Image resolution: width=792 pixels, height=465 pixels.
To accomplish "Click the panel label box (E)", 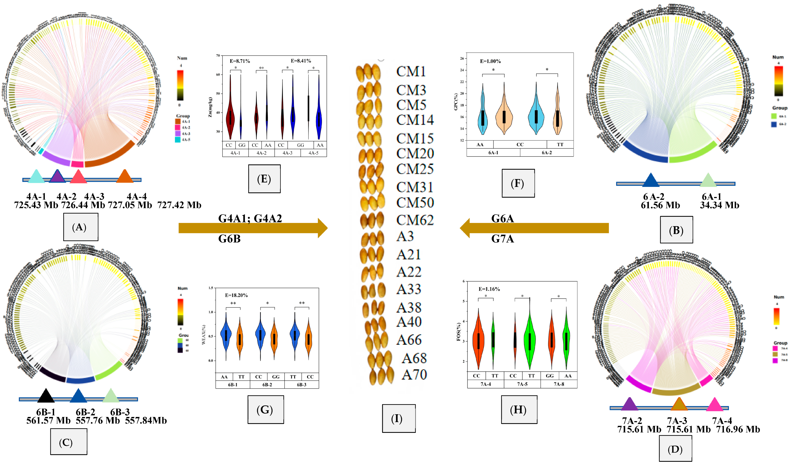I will [x=264, y=179].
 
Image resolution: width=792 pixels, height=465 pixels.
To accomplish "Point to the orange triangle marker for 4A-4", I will [x=125, y=176].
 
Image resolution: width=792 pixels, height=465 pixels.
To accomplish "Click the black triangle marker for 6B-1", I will [x=46, y=396].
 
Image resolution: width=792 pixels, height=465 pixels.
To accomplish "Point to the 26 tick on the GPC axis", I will [x=462, y=58].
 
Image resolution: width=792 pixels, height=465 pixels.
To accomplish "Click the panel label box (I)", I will [x=398, y=418].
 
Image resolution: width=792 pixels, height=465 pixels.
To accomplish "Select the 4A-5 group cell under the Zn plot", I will [x=313, y=153].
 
